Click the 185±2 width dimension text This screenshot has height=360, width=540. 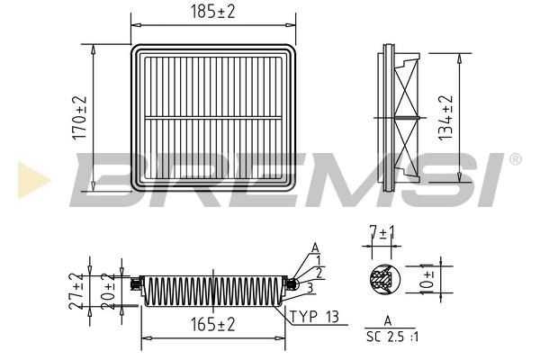pos(212,12)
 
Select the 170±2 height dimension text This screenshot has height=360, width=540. pos(79,118)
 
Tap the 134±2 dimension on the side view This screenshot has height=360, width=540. pos(445,118)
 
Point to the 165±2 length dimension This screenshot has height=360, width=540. pos(212,325)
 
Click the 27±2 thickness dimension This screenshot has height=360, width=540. pos(76,291)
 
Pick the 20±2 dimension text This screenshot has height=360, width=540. pos(108,292)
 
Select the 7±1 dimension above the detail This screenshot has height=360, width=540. pos(382,233)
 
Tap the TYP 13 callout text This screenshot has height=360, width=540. pos(314,317)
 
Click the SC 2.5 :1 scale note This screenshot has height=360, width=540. pos(392,337)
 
